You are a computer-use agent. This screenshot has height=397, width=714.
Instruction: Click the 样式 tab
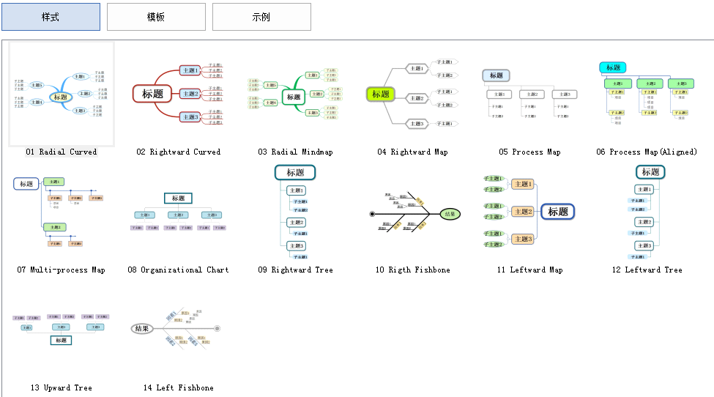(x=51, y=17)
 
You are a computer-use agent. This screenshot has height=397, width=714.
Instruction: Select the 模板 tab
(x=156, y=17)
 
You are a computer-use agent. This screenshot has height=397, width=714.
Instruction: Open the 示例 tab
(x=261, y=17)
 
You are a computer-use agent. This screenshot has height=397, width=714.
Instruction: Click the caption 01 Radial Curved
(x=62, y=152)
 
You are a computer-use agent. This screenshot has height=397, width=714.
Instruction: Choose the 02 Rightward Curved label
(x=179, y=152)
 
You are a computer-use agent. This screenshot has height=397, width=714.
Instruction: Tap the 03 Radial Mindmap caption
(x=295, y=152)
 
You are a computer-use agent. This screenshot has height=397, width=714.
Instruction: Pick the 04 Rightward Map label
(x=412, y=152)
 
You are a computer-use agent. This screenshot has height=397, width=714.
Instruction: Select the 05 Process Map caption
(x=529, y=152)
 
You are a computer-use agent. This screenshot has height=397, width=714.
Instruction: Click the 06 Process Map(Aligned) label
(x=647, y=152)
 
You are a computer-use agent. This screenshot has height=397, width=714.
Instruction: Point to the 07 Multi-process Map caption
(x=62, y=270)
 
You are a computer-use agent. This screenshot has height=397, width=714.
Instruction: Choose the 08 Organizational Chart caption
(x=179, y=270)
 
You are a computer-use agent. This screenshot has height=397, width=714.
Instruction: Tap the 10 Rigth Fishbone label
(x=412, y=270)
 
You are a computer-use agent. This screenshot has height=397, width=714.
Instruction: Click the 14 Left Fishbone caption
(x=179, y=388)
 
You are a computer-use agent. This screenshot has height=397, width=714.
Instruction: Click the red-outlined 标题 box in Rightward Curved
(x=152, y=94)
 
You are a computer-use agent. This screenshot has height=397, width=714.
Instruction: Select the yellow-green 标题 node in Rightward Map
(x=381, y=94)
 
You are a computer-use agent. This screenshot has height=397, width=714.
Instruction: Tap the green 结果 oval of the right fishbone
(x=450, y=215)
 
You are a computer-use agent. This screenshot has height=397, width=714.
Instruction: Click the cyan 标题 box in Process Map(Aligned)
(x=613, y=68)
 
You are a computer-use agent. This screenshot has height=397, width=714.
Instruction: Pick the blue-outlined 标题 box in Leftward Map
(x=558, y=212)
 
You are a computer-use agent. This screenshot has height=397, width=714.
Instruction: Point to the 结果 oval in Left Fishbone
(x=142, y=329)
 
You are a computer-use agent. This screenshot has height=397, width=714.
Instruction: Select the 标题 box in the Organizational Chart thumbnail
(x=178, y=198)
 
